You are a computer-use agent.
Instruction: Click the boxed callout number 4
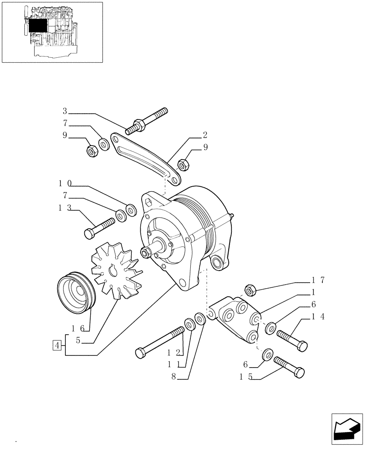click(x=57, y=345)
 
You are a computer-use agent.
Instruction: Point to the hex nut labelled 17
click(x=250, y=290)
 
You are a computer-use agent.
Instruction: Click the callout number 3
click(x=65, y=111)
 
